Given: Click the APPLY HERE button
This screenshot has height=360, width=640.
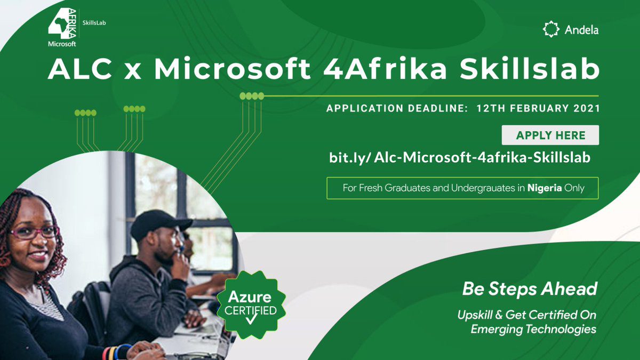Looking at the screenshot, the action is click(550, 135).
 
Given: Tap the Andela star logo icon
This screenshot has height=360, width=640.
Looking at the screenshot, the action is click(551, 29).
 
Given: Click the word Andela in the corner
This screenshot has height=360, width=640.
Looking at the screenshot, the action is click(581, 30).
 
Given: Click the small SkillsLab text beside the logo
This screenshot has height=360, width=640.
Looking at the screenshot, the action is click(94, 23).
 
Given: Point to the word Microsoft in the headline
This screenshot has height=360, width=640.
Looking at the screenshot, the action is click(233, 69).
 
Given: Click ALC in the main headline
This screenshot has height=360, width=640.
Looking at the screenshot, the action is click(80, 69).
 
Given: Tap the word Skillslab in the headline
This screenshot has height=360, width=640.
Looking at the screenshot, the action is click(530, 69).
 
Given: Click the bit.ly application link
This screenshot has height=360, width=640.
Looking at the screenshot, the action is click(460, 157).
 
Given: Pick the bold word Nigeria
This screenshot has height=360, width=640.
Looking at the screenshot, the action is click(545, 188).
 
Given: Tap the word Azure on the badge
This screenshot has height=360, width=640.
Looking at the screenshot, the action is click(250, 297).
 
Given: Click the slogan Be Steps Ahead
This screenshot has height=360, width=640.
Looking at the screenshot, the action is click(530, 289).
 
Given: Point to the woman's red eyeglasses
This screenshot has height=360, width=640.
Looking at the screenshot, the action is click(34, 233).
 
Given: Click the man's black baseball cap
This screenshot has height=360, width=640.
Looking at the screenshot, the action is click(160, 225).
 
